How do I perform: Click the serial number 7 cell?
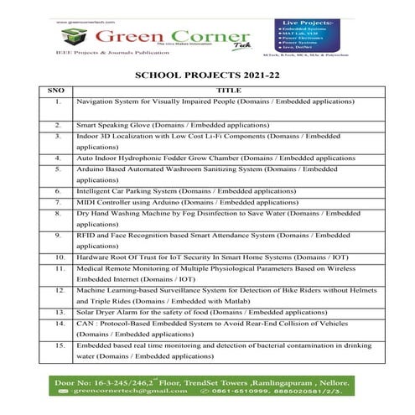[x=58, y=202]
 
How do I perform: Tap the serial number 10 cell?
[x=58, y=257]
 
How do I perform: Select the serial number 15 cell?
[x=58, y=345]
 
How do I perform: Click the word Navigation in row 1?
[x=95, y=101]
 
